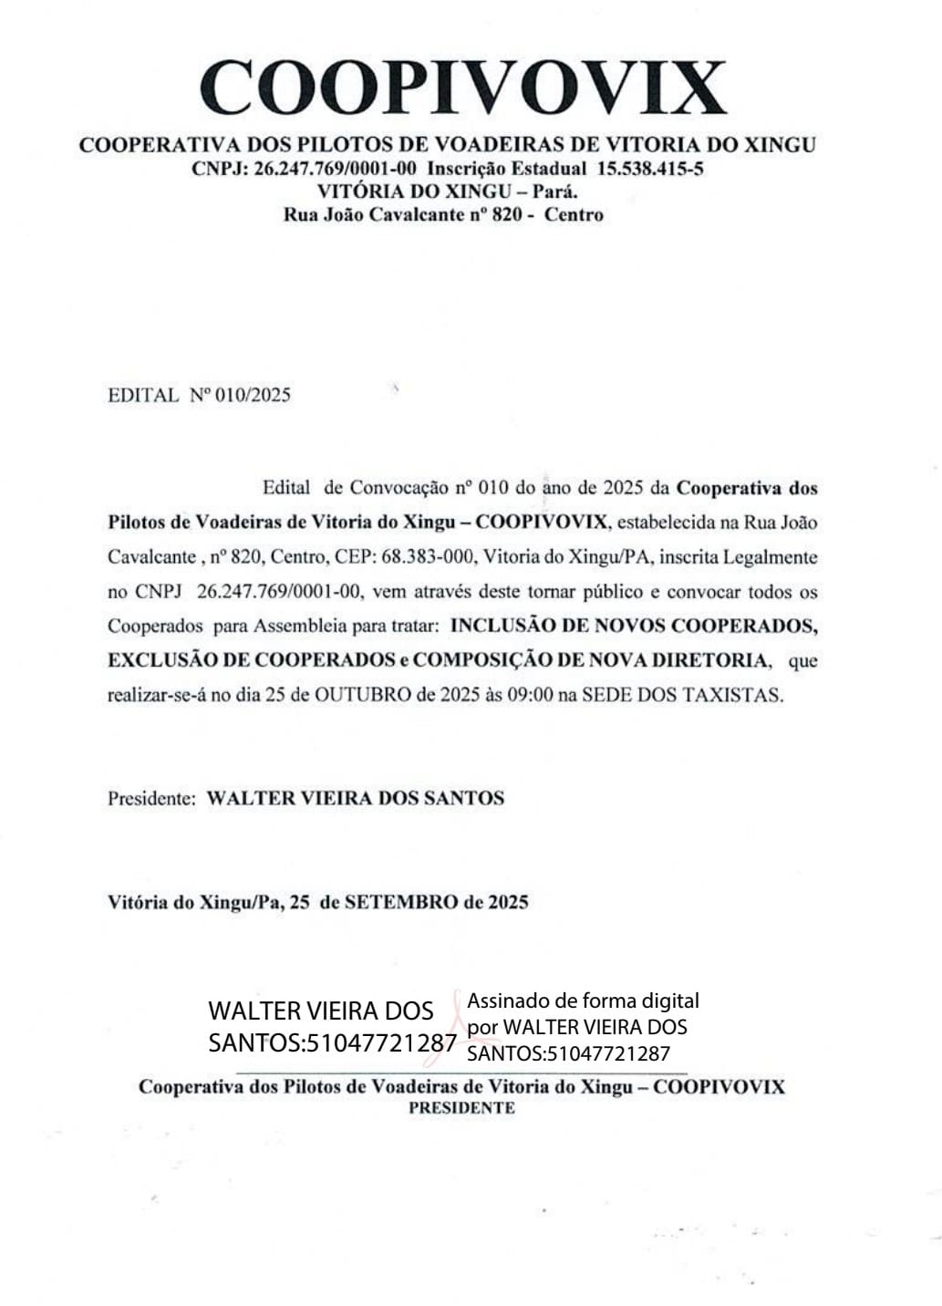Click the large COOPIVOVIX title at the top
tap(463, 88)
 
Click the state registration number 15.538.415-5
tap(650, 169)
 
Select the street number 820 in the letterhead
tap(507, 215)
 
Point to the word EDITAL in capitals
tap(143, 395)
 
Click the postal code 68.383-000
tap(428, 557)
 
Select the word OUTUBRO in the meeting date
tap(363, 695)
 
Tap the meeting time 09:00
tap(530, 695)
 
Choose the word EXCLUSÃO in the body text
tap(160, 660)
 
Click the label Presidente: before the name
tap(151, 799)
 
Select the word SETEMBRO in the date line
tap(401, 903)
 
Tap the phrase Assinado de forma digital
tap(583, 1000)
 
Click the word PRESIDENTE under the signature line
tap(461, 1108)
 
